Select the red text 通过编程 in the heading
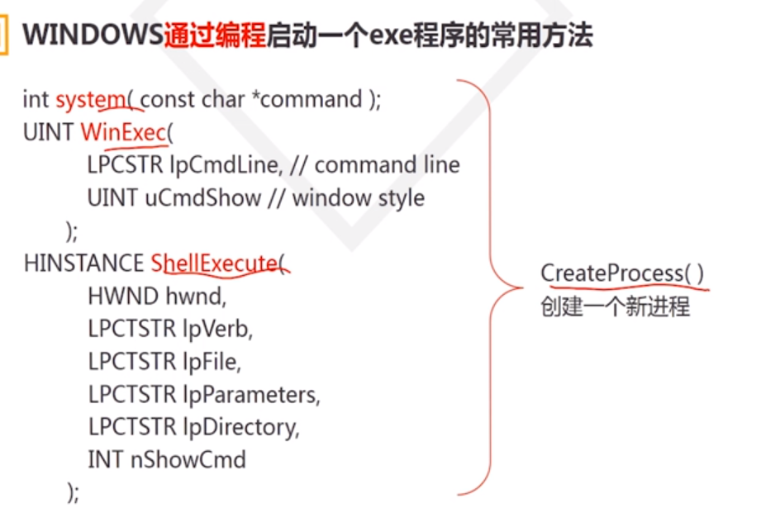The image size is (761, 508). pyautogui.click(x=215, y=36)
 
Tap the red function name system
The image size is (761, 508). pyautogui.click(x=90, y=100)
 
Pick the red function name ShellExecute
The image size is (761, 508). pyautogui.click(x=214, y=263)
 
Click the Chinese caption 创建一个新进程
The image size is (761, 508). pyautogui.click(x=615, y=307)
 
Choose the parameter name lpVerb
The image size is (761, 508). pyautogui.click(x=216, y=329)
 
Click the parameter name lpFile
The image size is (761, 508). pyautogui.click(x=211, y=361)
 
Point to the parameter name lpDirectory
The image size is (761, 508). pyautogui.click(x=240, y=427)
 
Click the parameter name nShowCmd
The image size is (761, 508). pyautogui.click(x=188, y=459)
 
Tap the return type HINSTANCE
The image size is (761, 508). pyautogui.click(x=83, y=263)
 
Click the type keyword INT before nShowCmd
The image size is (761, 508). pyautogui.click(x=106, y=459)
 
